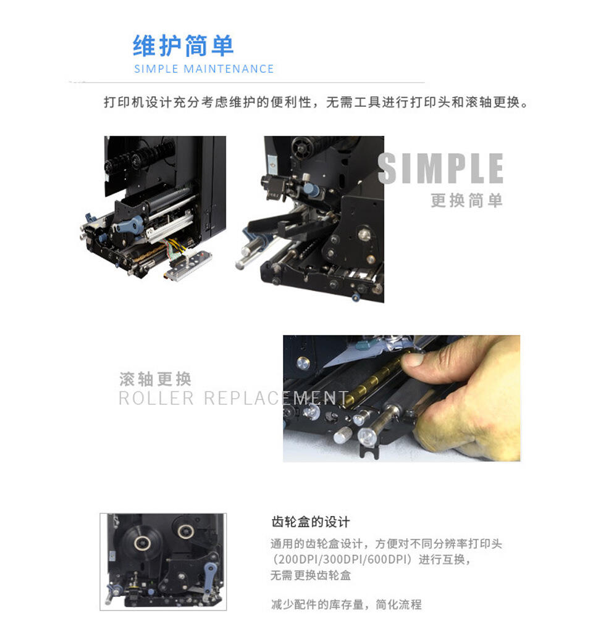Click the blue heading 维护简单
coord(183,46)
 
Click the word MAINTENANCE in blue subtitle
coord(229,69)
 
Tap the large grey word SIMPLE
coord(440,169)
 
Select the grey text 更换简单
coord(466,201)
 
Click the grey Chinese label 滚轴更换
coord(155,378)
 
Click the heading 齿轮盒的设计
coord(311,522)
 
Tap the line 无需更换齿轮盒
coord(311,575)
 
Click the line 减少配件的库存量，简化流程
coord(346,604)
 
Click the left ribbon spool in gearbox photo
coord(141,543)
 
